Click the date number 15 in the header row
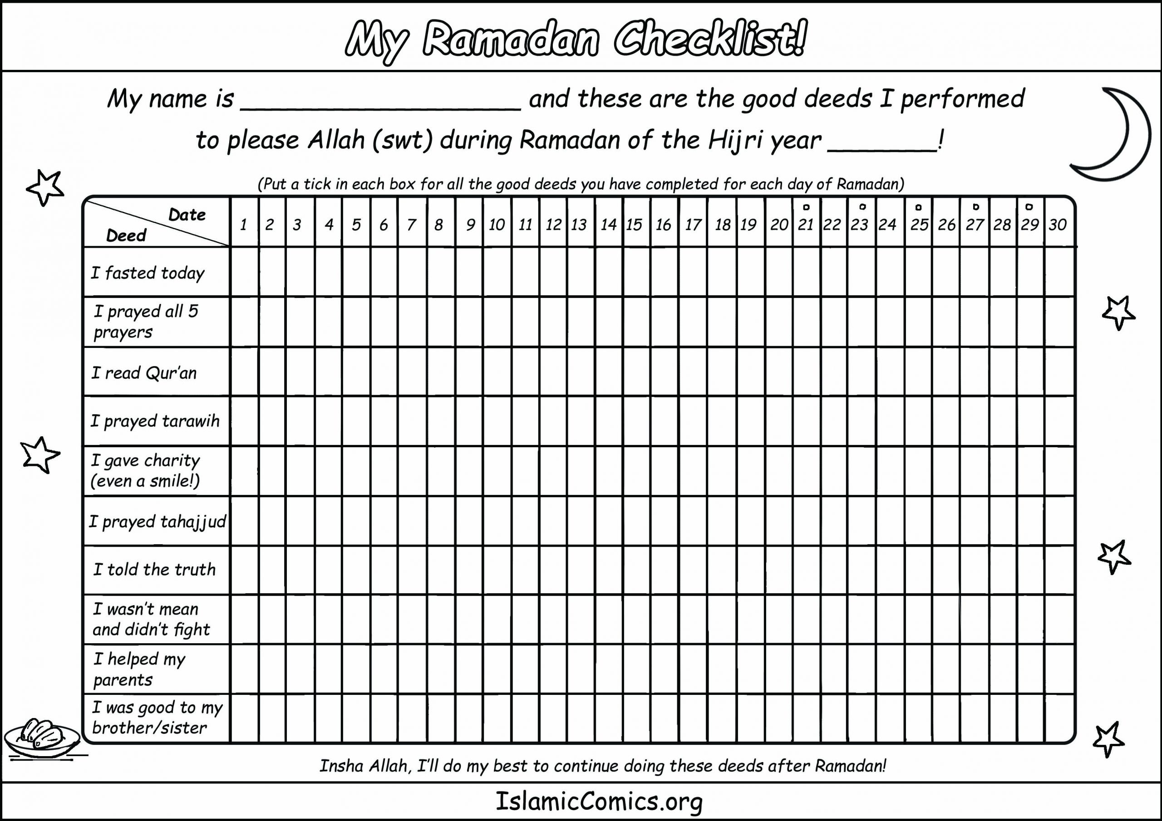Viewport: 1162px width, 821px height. [x=634, y=225]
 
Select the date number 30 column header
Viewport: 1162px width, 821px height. [x=1058, y=225]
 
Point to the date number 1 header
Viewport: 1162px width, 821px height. [x=243, y=225]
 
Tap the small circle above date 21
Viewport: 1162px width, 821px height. [x=806, y=207]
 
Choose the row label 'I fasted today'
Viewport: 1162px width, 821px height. [x=147, y=273]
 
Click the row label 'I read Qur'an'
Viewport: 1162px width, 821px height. [x=144, y=373]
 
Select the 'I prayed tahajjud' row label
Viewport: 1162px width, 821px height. [x=158, y=521]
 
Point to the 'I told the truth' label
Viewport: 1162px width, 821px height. [x=154, y=570]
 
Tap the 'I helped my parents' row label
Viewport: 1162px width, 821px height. [x=139, y=669]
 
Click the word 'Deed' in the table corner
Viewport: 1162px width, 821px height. [x=126, y=235]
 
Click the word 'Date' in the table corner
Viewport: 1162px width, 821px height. [x=187, y=215]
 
